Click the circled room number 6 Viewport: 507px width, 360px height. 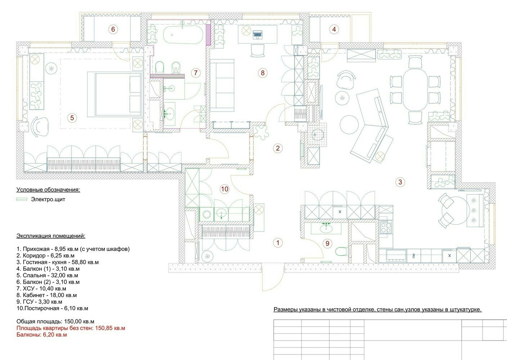point(113,29)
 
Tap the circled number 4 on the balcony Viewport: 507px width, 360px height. point(334,29)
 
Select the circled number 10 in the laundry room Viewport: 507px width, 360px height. point(225,189)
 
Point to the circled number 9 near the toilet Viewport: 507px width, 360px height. point(327,243)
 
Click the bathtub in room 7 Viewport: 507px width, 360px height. point(183,35)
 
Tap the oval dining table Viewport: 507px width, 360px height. point(415,90)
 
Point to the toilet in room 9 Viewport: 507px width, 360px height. point(341,251)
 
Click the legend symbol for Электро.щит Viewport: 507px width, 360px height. point(22,199)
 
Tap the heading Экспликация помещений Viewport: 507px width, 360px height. point(51,236)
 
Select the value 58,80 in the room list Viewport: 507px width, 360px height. point(79,262)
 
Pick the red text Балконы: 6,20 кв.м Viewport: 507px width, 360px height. point(42,335)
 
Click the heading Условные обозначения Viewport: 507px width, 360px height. point(48,190)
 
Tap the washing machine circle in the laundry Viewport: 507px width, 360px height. point(207,214)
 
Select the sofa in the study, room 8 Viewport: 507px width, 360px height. point(222,85)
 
